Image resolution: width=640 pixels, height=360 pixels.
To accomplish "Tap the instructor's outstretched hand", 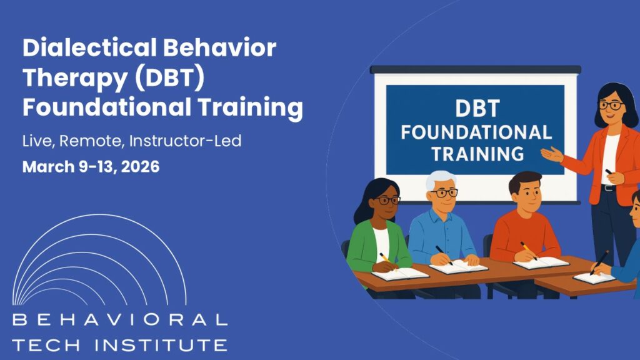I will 551,154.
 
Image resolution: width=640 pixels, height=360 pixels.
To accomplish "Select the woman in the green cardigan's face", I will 387,201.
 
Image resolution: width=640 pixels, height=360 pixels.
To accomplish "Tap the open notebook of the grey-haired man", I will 458,266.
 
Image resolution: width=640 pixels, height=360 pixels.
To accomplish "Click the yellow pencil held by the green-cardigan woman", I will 386,258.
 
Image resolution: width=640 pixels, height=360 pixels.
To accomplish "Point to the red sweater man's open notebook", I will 541,262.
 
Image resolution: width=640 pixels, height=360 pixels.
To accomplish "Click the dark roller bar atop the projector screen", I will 475,69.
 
